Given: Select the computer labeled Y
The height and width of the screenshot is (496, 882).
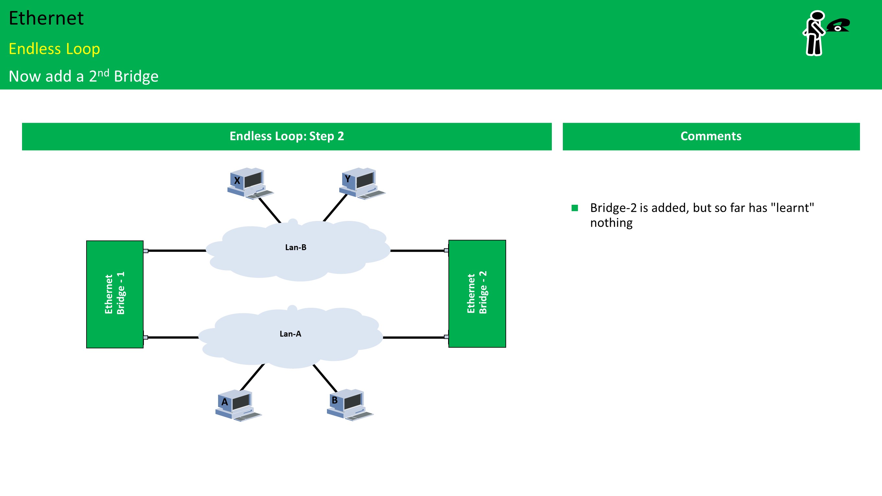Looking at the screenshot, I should (362, 183).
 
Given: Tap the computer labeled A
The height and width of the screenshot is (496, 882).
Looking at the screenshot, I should (238, 405).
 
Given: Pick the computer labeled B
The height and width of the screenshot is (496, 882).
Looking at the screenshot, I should (350, 404).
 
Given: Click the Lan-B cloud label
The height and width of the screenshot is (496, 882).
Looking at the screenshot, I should (296, 248).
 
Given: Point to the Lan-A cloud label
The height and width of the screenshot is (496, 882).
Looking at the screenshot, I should (290, 334).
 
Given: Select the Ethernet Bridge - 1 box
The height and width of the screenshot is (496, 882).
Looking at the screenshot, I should (115, 294).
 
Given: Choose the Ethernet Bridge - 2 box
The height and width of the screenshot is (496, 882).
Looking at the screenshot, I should (477, 294).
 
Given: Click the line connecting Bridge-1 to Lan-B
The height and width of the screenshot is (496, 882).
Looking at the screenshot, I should (176, 250).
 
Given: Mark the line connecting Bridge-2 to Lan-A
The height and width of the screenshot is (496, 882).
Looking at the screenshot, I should (414, 338).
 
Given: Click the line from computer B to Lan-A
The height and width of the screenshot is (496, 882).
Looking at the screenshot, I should (325, 378).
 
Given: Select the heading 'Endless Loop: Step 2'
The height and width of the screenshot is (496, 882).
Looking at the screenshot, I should (286, 136).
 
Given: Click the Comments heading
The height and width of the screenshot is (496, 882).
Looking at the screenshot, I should (711, 136).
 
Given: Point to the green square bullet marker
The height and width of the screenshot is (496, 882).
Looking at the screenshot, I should (575, 208).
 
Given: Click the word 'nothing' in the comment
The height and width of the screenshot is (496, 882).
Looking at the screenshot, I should (611, 223).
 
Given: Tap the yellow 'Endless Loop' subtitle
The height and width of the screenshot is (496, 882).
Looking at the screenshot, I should (54, 49).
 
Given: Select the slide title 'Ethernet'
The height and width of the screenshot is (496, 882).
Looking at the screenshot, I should (46, 18).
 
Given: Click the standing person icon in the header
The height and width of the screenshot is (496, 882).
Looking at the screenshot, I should (814, 33).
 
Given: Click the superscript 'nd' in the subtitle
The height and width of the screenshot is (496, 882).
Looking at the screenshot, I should (103, 73).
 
